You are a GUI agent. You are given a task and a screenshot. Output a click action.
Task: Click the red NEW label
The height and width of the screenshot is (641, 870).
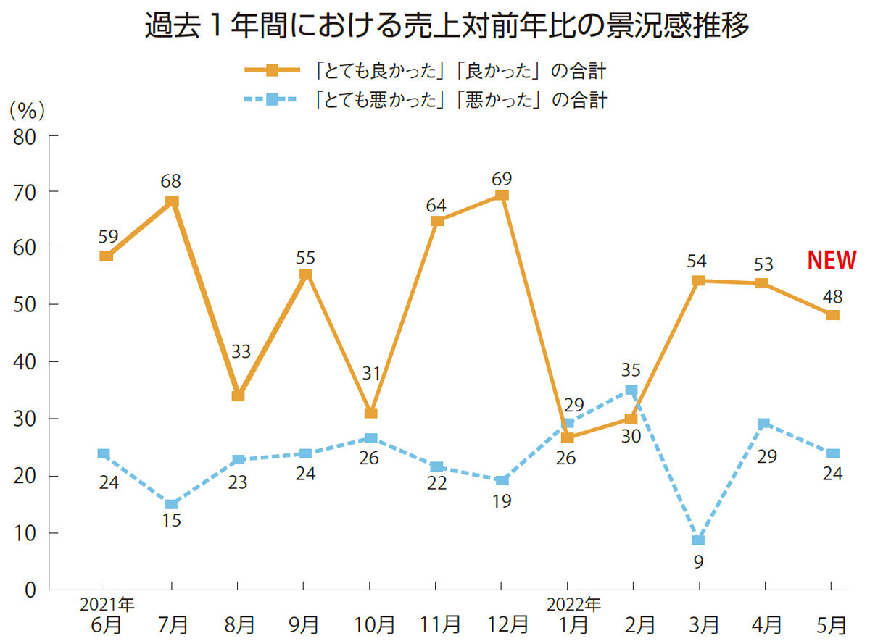(x=832, y=259)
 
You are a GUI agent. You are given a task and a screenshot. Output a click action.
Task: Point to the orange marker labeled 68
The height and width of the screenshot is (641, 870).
(x=172, y=201)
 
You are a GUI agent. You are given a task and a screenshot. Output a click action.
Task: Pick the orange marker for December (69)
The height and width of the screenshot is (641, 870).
(x=502, y=195)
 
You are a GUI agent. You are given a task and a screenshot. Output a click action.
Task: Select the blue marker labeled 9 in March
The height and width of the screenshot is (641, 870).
(x=698, y=540)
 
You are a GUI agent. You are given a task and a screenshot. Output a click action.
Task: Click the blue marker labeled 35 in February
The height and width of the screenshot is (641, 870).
(x=631, y=390)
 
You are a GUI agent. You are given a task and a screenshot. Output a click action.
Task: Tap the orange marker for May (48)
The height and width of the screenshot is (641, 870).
(x=832, y=315)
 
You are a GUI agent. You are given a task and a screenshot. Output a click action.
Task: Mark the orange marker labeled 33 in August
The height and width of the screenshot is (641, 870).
(x=238, y=395)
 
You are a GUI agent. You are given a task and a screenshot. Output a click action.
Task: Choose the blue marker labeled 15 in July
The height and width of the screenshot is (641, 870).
(x=172, y=504)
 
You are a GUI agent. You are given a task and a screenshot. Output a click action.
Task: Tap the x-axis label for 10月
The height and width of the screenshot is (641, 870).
(x=370, y=624)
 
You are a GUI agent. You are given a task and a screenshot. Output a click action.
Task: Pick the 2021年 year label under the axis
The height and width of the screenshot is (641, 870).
(x=107, y=603)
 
